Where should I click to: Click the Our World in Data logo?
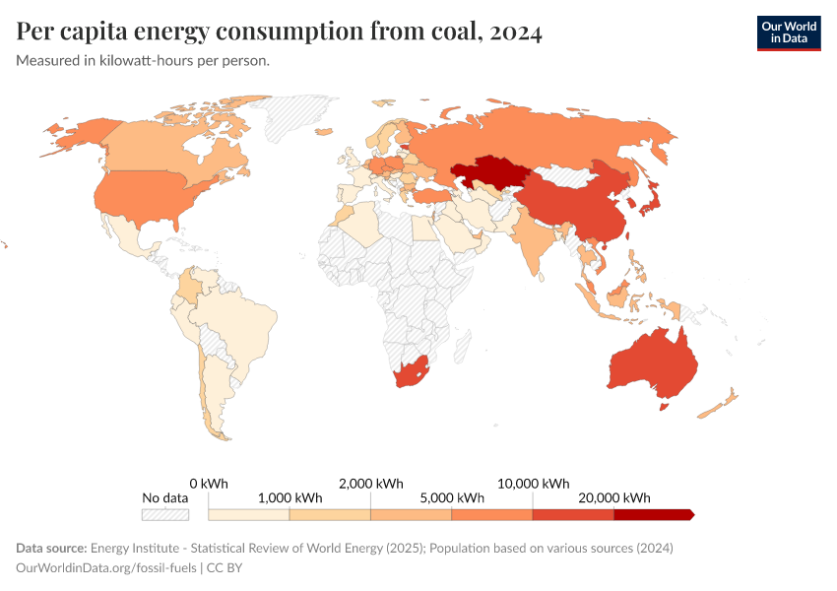tap(788, 33)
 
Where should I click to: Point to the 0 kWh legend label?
tap(209, 483)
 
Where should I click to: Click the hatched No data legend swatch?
tap(164, 514)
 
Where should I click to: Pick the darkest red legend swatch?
tap(653, 514)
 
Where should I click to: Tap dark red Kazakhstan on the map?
tap(489, 172)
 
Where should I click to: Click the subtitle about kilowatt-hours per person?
tap(143, 60)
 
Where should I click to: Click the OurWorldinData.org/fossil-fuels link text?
tap(106, 568)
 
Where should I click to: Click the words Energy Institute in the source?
tap(136, 548)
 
